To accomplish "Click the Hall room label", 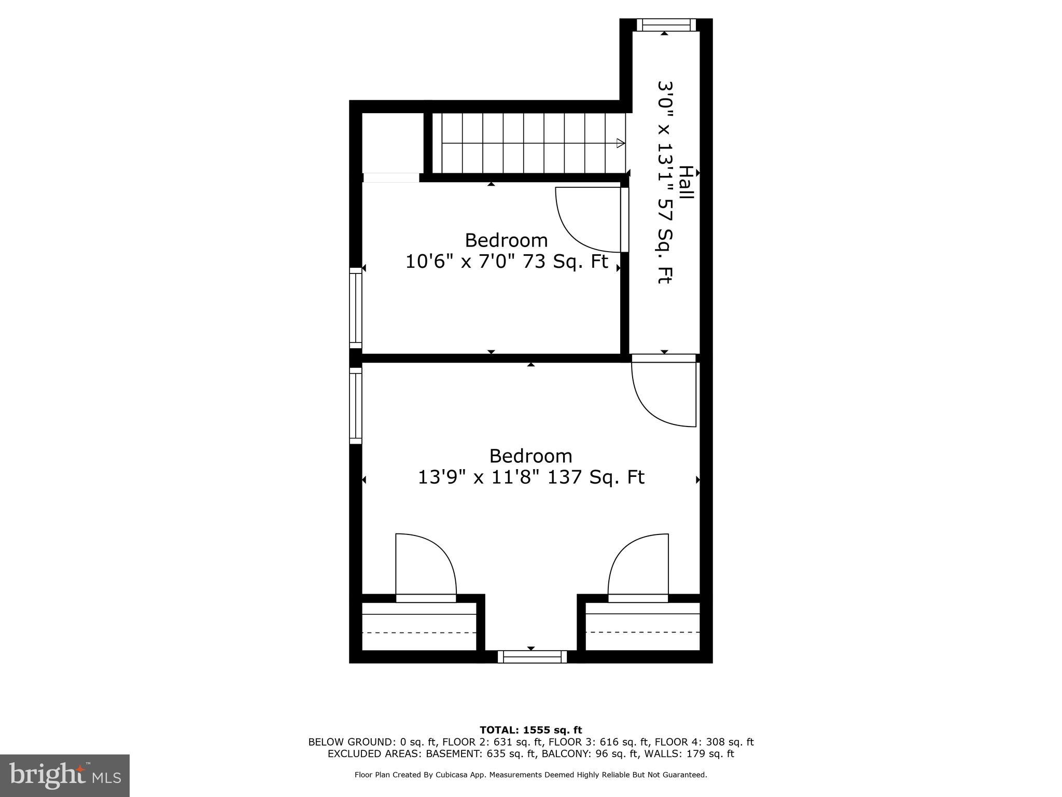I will (686, 182).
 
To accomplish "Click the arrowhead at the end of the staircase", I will (620, 143).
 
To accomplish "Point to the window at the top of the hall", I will (666, 25).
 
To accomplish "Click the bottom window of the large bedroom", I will (532, 657).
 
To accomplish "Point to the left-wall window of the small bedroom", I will (355, 308).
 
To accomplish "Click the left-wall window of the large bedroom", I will (355, 406).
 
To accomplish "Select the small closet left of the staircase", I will (393, 143).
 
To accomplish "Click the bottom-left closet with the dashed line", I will (418, 626).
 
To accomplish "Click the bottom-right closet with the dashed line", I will (642, 626).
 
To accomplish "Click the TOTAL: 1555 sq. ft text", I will (530, 730).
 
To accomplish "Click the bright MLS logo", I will (65, 775).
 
